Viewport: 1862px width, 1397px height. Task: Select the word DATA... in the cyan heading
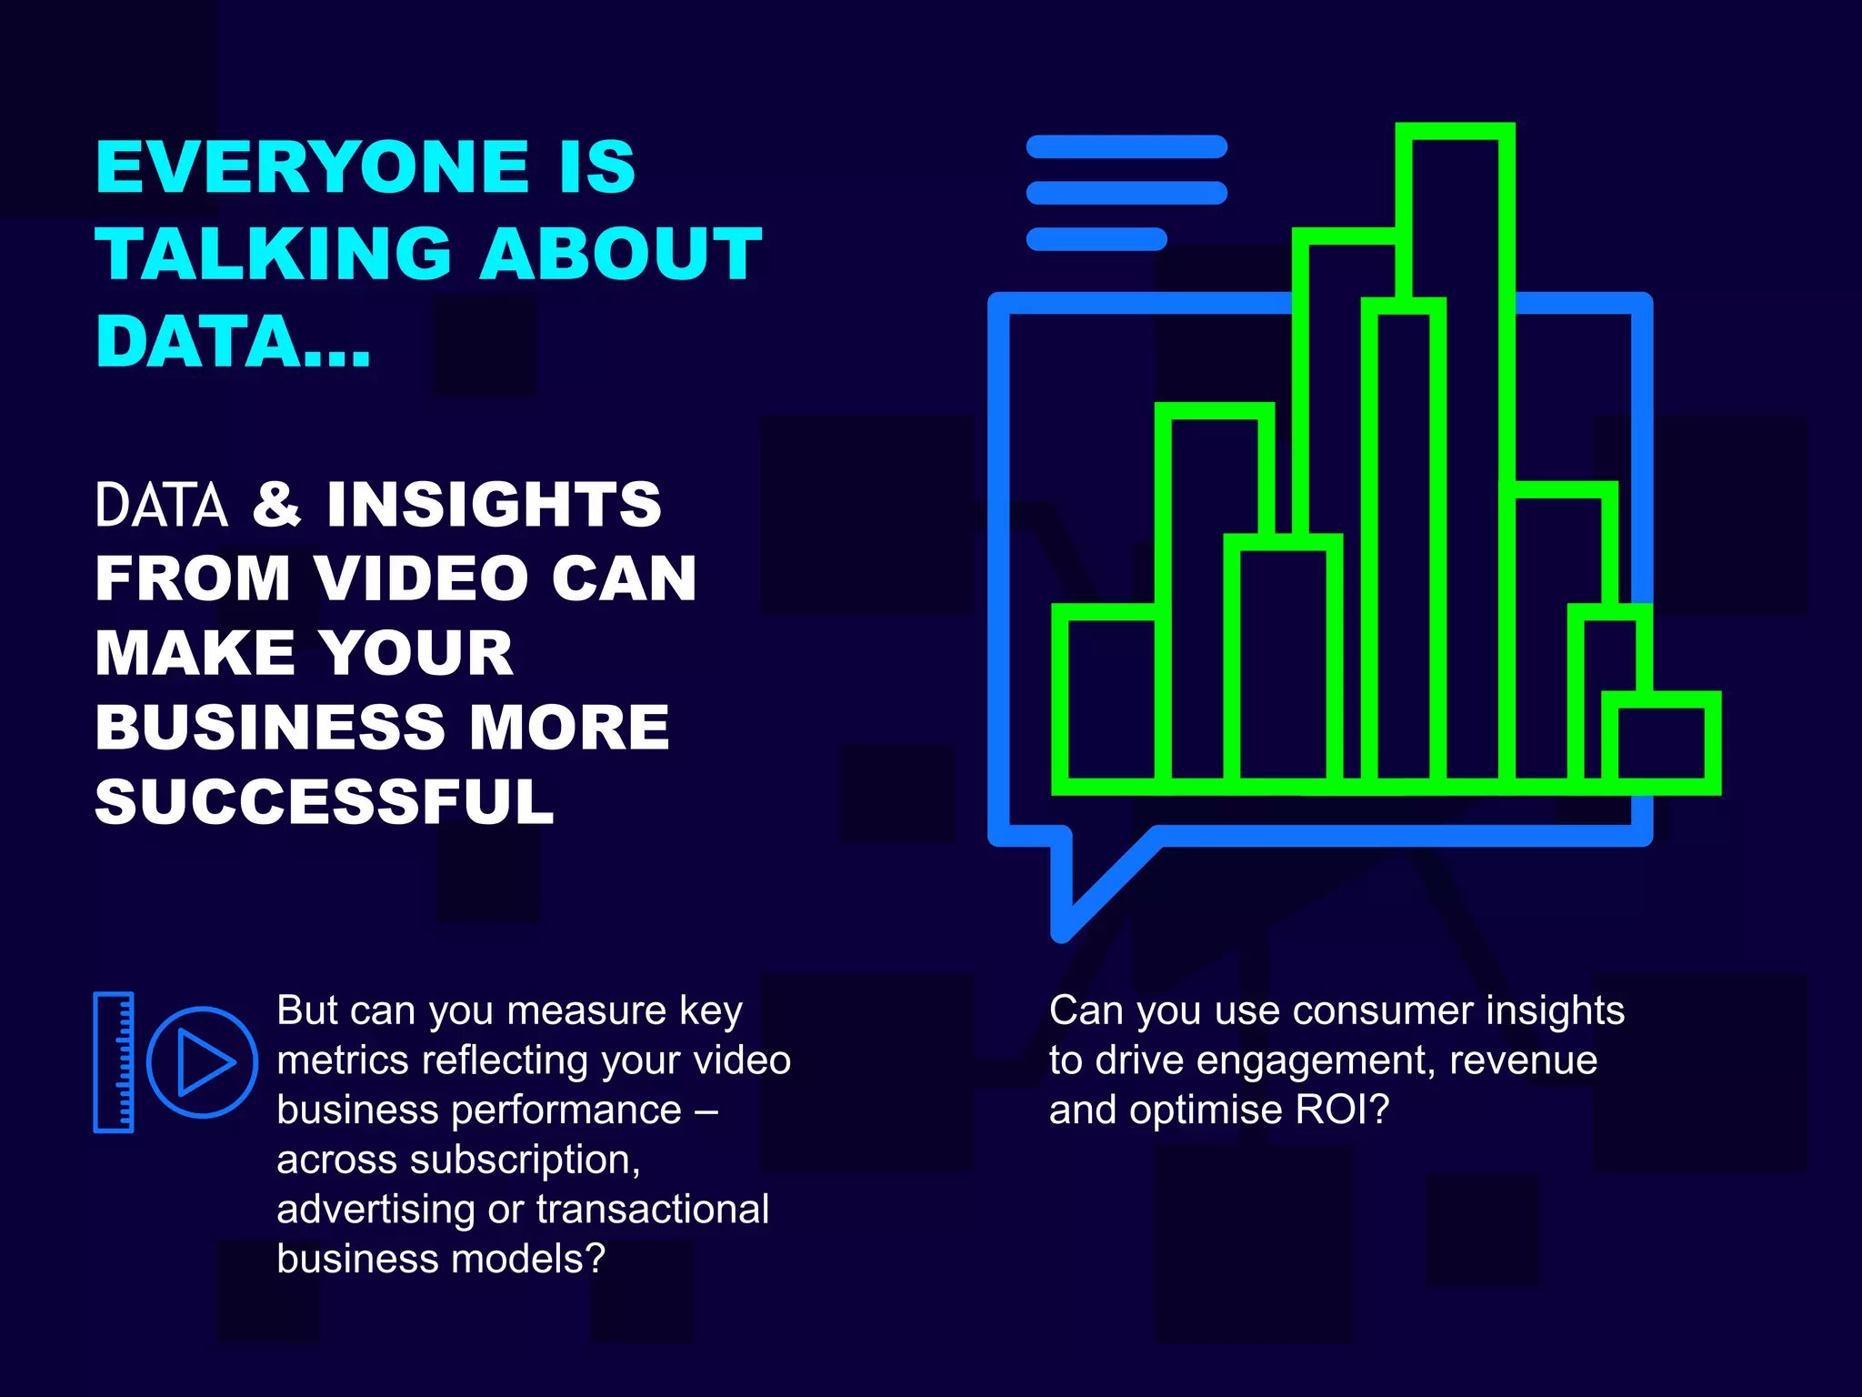(233, 342)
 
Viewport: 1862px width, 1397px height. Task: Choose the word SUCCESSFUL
(324, 802)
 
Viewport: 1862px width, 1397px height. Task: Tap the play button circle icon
(202, 1061)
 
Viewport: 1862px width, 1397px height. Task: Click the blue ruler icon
(114, 1061)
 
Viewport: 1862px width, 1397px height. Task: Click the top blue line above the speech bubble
(1126, 146)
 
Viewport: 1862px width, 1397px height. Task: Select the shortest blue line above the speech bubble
(1096, 239)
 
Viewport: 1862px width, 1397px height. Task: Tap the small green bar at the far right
(1661, 742)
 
